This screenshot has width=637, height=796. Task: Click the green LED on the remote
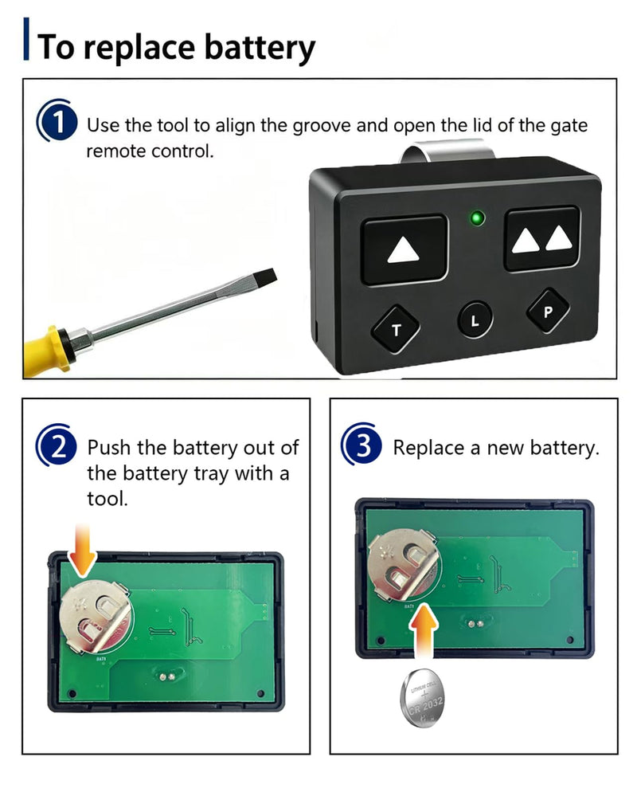pos(477,218)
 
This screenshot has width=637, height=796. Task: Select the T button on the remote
pos(396,329)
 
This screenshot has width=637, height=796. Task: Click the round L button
pos(475,320)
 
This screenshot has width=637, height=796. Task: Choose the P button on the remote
pos(548,311)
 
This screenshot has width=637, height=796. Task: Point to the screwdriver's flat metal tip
pos(265,279)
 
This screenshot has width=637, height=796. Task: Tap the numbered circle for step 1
pos(57,122)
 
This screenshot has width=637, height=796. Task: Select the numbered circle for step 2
pos(57,446)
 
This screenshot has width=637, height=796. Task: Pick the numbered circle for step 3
pos(361,445)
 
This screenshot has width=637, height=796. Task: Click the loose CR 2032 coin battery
pos(422,698)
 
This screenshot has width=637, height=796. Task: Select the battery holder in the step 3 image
pos(404,564)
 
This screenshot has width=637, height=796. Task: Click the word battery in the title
pos(260,48)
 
